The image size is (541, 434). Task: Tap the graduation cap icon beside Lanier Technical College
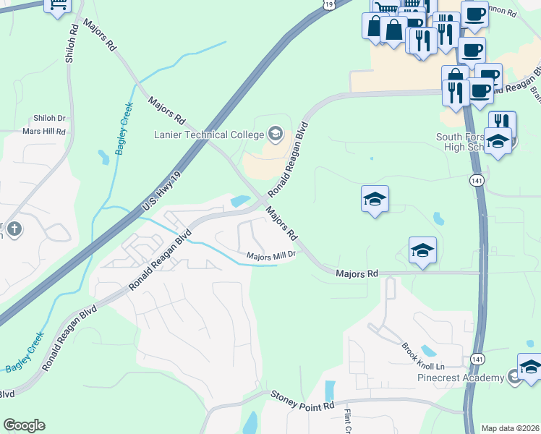pos(275,133)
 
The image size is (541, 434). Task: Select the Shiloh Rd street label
pos(72,44)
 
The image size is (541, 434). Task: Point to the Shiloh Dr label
pos(49,118)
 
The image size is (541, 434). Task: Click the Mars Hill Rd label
pos(44,132)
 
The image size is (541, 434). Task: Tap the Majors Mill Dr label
pos(271,255)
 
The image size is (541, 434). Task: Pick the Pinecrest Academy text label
pos(469,378)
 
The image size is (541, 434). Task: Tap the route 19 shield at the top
pos(329,4)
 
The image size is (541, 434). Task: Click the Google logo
pos(24,425)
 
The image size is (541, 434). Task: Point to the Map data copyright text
pos(511,428)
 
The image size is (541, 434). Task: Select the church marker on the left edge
pos(12,230)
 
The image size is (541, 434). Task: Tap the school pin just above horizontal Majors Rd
pos(422,251)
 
